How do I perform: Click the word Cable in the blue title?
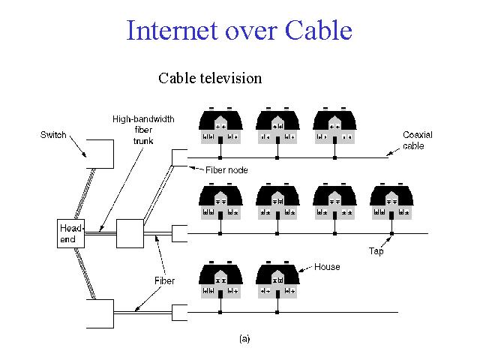pos(319,31)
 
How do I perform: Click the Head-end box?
pos(70,233)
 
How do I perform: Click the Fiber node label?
pos(226,171)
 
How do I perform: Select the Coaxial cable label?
pos(418,140)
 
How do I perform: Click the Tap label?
pos(376,251)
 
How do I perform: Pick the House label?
pos(326,267)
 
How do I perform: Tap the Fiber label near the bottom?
pos(164,281)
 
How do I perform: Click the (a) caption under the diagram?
pos(244,339)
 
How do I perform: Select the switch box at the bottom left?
pos(100,313)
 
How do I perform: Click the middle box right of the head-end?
pos(130,233)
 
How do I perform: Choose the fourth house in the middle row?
pos(391,203)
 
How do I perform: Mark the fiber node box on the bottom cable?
pos(179,311)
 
